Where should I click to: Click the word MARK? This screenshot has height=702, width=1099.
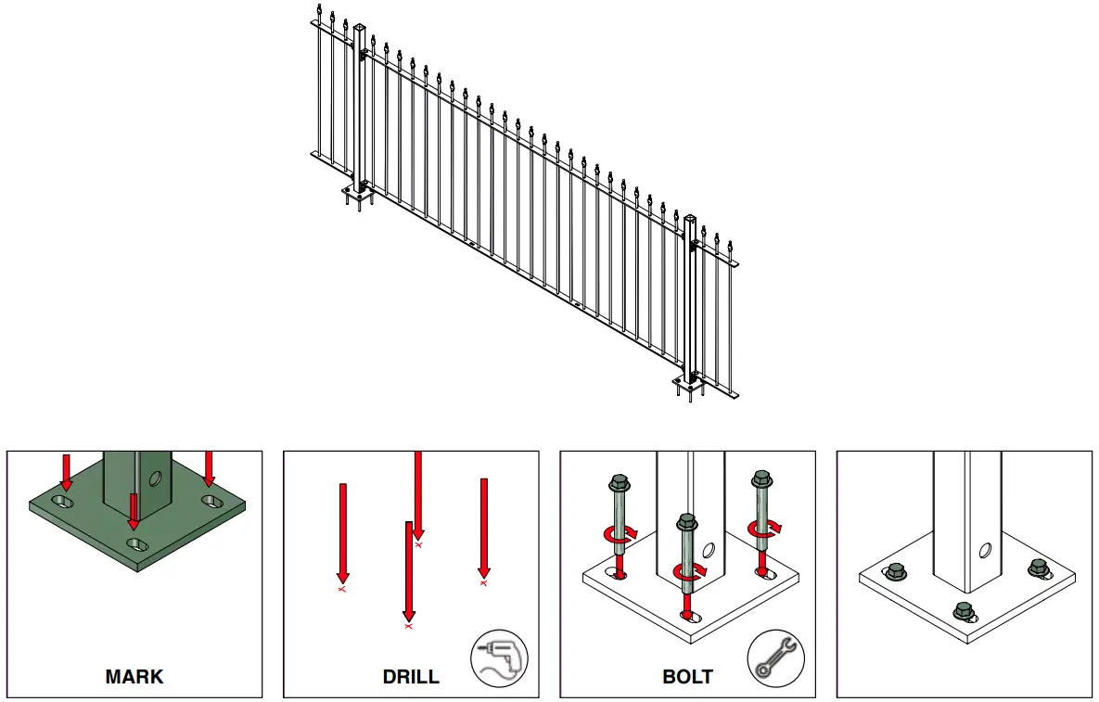click(134, 677)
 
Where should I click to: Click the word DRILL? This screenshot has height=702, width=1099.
click(411, 677)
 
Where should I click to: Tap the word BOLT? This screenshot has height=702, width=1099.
click(687, 677)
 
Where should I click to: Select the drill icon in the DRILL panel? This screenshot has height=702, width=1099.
click(498, 659)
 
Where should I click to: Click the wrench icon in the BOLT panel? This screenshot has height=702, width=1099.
click(775, 659)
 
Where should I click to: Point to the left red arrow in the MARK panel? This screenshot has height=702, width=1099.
click(66, 472)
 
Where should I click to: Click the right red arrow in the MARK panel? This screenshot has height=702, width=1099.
click(209, 468)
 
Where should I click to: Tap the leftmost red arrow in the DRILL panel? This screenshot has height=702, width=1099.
click(342, 533)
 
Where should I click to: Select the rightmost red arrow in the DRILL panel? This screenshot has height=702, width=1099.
click(483, 528)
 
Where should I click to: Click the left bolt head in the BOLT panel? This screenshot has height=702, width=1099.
click(618, 483)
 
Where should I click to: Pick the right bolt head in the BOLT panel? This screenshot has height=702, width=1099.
click(762, 479)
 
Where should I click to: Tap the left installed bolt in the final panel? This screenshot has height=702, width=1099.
click(896, 571)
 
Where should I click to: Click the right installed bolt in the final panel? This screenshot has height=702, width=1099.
click(1039, 567)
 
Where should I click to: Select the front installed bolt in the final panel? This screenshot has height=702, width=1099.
click(965, 611)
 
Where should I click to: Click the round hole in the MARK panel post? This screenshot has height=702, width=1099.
click(155, 479)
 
